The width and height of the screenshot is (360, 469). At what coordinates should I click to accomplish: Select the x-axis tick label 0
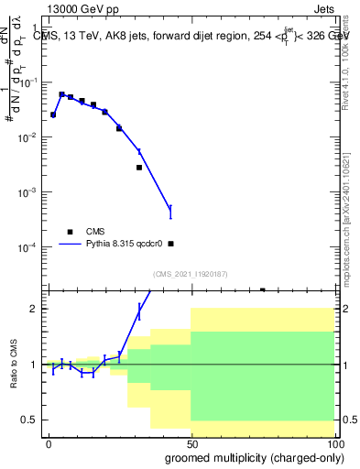pos(49,442)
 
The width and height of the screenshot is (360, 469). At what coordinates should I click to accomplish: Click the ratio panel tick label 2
pos(34,309)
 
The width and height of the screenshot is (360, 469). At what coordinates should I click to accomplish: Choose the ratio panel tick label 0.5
pos(30,420)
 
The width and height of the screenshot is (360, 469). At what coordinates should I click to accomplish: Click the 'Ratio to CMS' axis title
pos(14,365)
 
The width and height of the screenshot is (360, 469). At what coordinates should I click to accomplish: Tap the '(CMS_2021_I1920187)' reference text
pos(190,274)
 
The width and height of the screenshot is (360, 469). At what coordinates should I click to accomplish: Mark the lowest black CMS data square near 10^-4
pos(170,244)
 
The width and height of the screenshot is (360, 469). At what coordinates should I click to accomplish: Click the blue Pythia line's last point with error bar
pos(170,212)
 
